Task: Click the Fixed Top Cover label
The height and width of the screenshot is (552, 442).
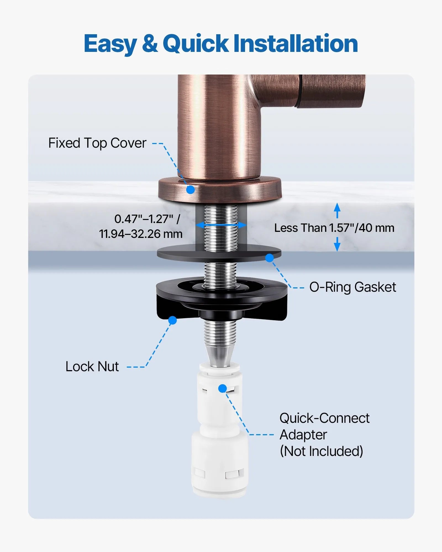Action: (x=97, y=143)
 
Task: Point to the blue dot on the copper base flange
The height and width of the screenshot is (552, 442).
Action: (x=190, y=190)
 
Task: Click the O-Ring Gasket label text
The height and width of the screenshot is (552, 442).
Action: (x=352, y=287)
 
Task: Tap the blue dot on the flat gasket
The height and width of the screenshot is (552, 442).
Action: (x=269, y=258)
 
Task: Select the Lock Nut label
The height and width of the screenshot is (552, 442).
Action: (x=92, y=367)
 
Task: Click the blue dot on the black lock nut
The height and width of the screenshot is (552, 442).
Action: (x=172, y=320)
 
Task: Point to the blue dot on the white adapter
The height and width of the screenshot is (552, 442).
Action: (x=222, y=389)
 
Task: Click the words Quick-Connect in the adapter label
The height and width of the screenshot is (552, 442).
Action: (x=324, y=418)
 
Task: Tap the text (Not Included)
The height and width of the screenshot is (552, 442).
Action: (x=321, y=451)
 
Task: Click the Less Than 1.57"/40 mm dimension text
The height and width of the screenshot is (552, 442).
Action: (x=334, y=228)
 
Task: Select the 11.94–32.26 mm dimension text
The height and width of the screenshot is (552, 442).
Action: (x=141, y=234)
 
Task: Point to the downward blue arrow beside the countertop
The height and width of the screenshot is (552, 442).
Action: (x=337, y=245)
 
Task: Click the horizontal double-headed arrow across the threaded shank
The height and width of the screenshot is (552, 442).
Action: (x=221, y=225)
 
